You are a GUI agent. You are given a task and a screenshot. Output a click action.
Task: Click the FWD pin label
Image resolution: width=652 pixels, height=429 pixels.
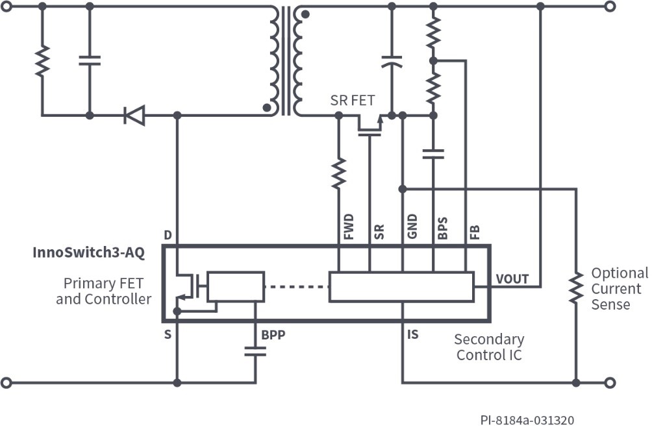point(349,227)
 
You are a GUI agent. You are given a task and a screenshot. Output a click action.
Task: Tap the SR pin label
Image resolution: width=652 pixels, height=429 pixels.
point(380,232)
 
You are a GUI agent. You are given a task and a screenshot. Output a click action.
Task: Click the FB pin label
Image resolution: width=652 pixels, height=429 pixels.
point(475,232)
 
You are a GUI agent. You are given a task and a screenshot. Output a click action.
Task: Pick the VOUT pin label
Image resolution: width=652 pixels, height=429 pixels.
point(512,279)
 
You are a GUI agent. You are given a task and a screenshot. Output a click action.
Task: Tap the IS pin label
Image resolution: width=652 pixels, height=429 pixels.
point(413,335)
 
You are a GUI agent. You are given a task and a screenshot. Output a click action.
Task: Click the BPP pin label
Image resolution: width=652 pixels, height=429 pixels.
point(273,336)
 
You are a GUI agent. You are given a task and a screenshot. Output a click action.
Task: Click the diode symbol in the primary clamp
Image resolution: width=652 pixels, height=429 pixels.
point(134,116)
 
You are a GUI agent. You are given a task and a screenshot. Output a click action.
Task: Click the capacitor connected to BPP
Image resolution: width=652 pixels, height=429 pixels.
point(255,351)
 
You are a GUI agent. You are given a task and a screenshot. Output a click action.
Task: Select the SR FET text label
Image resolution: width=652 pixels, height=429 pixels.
point(353,100)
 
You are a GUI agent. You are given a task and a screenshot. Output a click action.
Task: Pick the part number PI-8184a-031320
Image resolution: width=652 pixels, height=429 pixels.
point(527,421)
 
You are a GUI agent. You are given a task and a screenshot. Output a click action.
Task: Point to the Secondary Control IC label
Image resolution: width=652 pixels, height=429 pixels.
point(488,347)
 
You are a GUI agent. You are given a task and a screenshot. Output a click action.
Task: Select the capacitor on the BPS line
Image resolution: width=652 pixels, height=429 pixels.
point(433,154)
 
